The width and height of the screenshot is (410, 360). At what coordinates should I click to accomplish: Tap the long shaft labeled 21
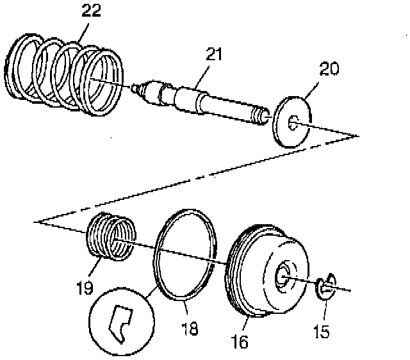pos(205,102)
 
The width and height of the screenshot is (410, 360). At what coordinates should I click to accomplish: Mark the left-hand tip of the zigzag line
pos(38,221)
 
